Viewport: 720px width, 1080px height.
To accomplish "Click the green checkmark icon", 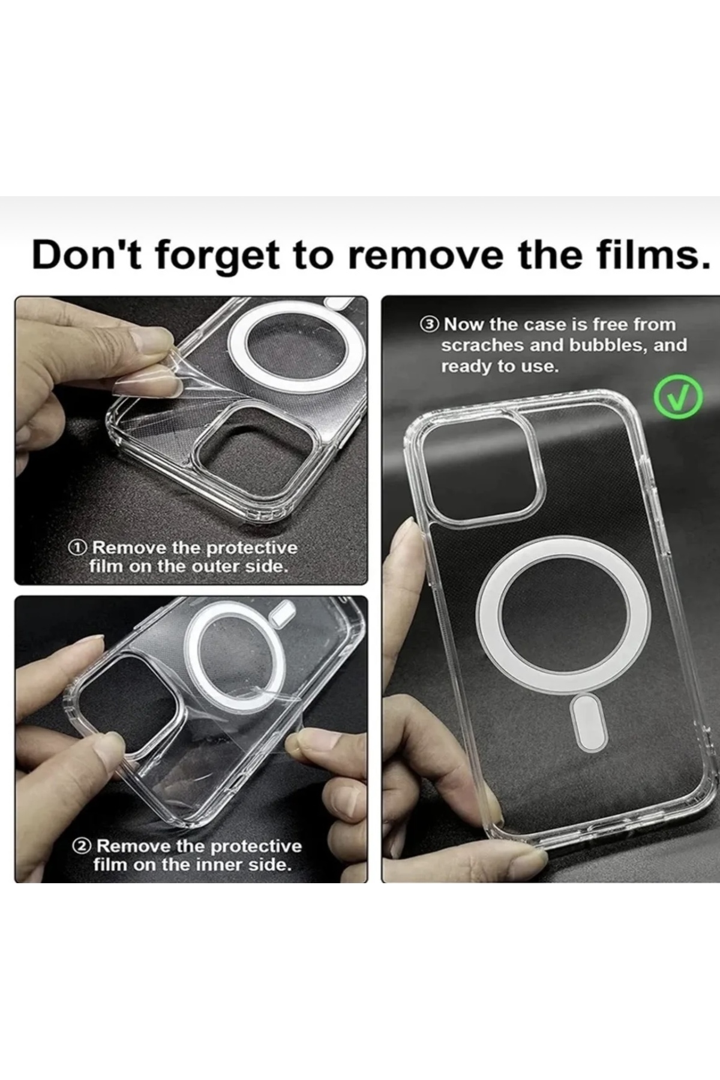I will (x=676, y=398).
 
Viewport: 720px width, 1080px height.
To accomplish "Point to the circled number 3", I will (x=430, y=325).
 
